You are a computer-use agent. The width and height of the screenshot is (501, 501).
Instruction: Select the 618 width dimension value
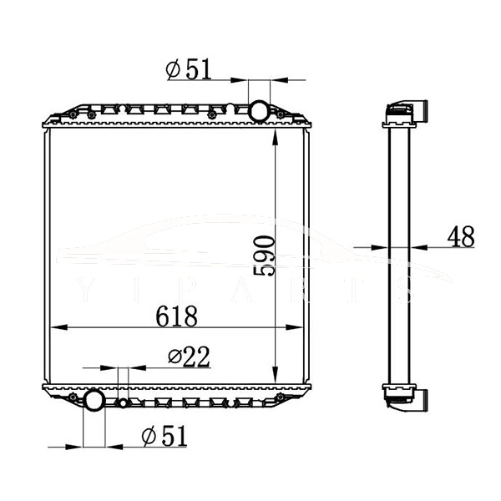coord(176,316)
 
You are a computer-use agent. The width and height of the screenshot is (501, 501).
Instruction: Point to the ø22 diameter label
coord(188,357)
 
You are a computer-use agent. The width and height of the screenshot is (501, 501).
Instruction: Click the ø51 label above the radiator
coord(188,70)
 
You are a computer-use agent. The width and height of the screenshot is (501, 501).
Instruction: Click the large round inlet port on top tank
coord(259,109)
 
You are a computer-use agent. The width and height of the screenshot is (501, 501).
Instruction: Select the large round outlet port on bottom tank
coord(94,401)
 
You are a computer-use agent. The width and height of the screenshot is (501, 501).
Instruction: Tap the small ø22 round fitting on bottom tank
coord(124,404)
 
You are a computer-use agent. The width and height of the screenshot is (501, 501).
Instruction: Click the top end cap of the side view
coord(405,113)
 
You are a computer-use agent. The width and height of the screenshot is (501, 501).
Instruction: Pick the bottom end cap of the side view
coord(405,394)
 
